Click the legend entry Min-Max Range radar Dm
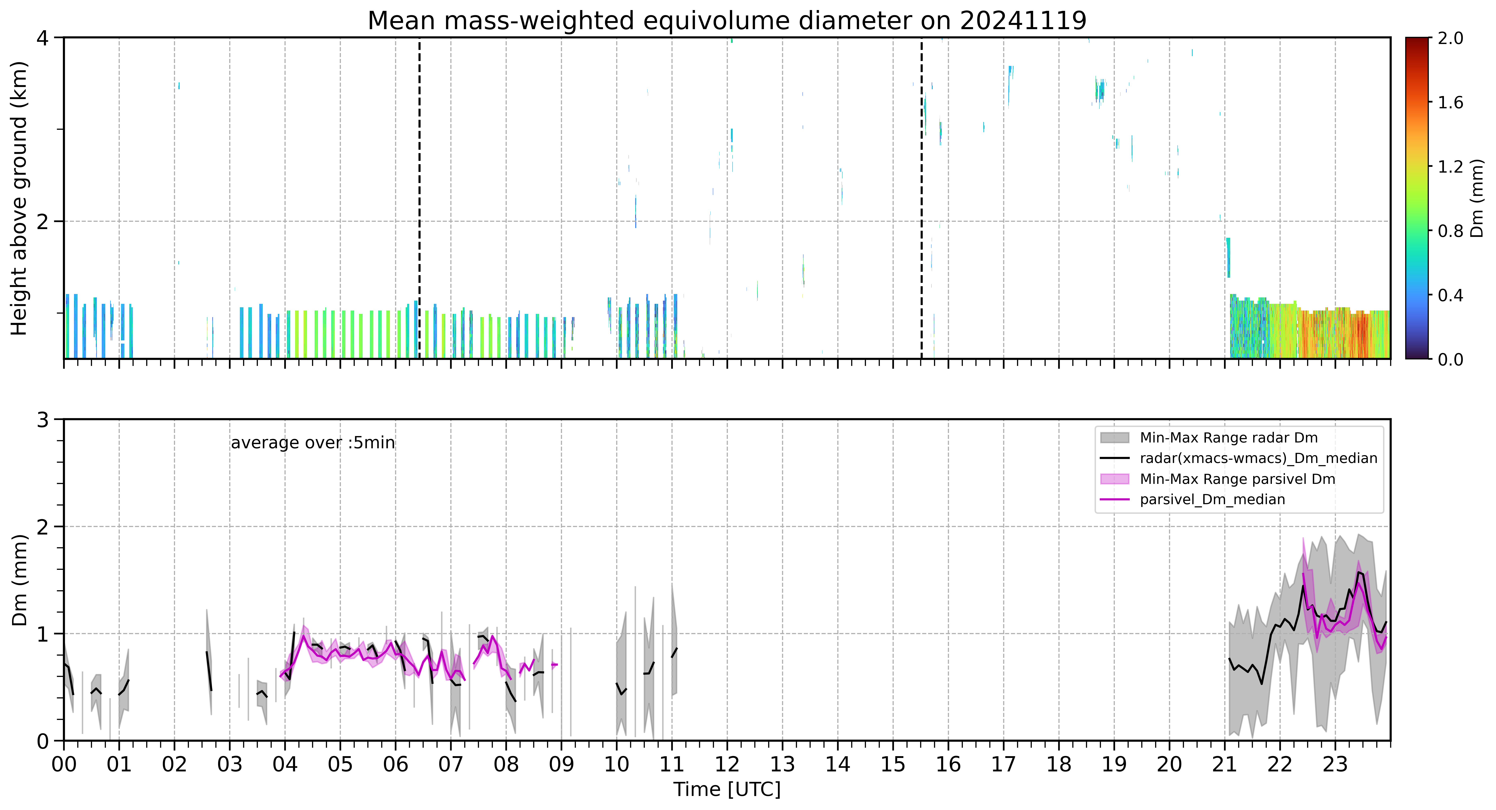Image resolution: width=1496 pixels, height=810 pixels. click(x=1228, y=438)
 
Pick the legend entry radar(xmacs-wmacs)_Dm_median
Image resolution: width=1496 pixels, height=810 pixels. click(x=1258, y=458)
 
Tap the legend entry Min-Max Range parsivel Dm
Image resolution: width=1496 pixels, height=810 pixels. click(x=1237, y=479)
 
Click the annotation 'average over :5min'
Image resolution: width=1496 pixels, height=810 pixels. click(x=312, y=443)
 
